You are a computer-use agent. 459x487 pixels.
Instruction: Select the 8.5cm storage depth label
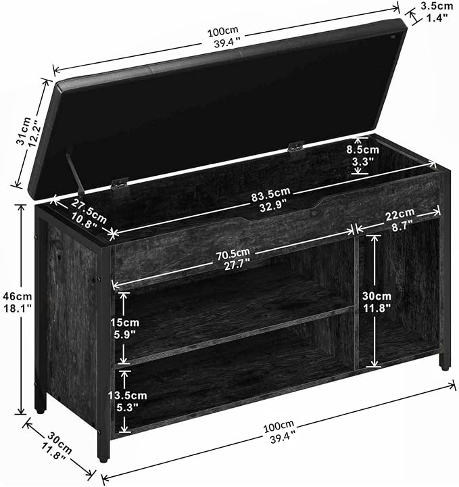pos(363,156)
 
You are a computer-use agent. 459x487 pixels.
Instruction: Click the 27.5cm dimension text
pos(87,214)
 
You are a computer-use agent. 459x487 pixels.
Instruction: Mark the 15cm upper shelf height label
pos(125,328)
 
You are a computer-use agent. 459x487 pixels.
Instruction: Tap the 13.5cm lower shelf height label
pos(127,401)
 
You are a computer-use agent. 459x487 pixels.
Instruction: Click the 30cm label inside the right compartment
pos(377,302)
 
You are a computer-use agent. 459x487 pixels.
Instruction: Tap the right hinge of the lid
pos(296,147)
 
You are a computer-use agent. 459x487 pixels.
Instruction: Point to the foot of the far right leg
pos(445,367)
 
